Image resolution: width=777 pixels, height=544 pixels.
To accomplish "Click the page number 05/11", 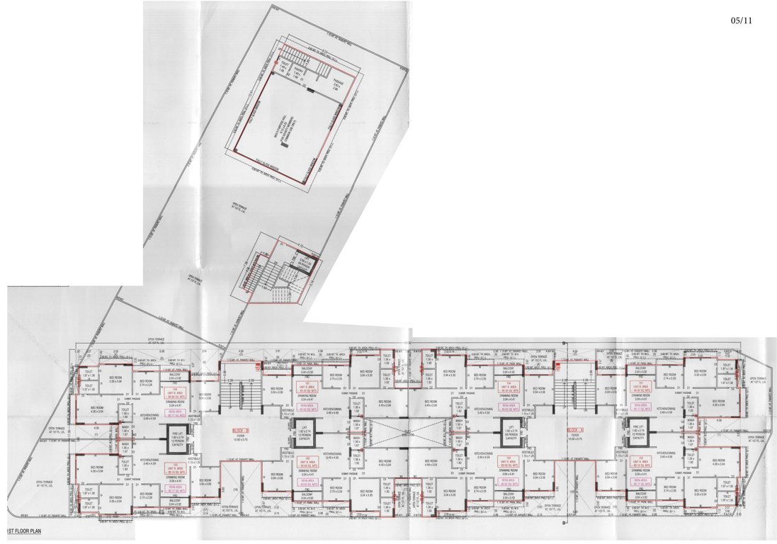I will pos(742,21).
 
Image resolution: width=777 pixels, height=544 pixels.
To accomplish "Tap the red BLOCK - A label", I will pos(574,431).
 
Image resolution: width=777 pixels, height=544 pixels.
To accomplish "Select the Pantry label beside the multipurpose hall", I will pos(308,71).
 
